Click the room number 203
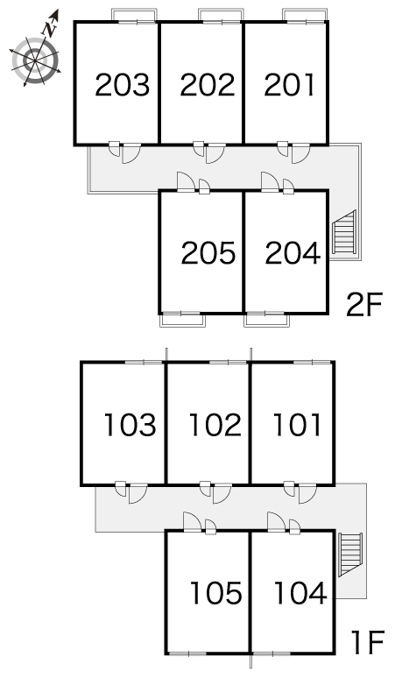click(123, 84)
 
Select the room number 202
click(208, 84)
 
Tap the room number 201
click(290, 84)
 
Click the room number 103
click(130, 424)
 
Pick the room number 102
click(215, 424)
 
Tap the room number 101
click(297, 424)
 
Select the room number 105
click(216, 592)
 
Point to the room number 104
click(300, 592)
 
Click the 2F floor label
click(364, 305)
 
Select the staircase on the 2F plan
click(344, 233)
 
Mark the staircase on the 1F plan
click(350, 554)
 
